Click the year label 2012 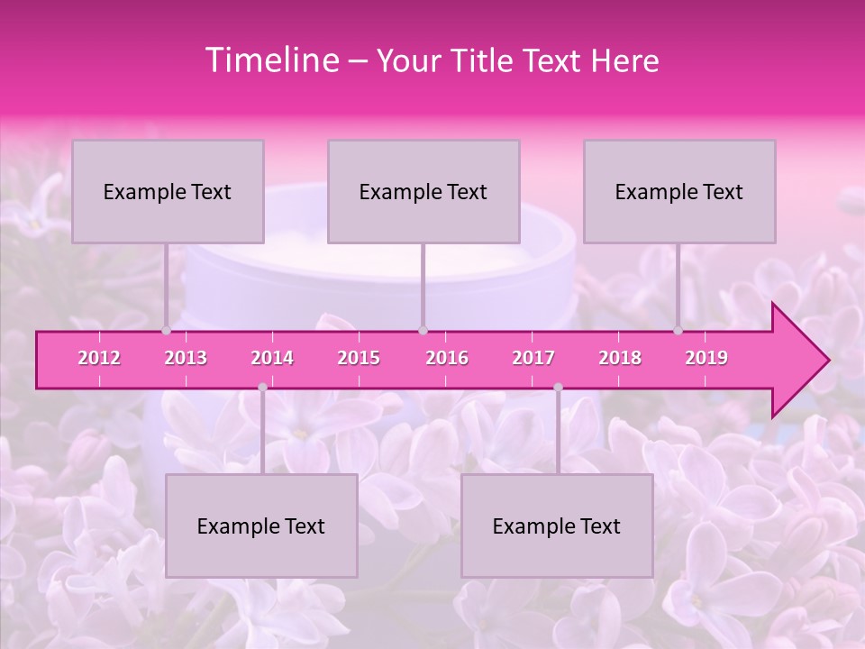point(99,358)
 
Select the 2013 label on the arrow point(186,358)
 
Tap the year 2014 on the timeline point(272,358)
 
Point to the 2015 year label point(359,358)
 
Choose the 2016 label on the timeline point(447,358)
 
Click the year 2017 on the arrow point(533,358)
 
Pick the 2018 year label point(620,358)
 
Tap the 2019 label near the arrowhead point(706,358)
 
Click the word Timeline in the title point(269,60)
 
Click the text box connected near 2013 point(168,191)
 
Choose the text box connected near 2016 point(423,191)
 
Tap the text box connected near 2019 point(679,191)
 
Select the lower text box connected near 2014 point(261,526)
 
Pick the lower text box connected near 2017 point(557,526)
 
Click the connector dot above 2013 point(166,331)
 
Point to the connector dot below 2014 point(262,388)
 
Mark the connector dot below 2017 point(558,388)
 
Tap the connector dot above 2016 point(423,331)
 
